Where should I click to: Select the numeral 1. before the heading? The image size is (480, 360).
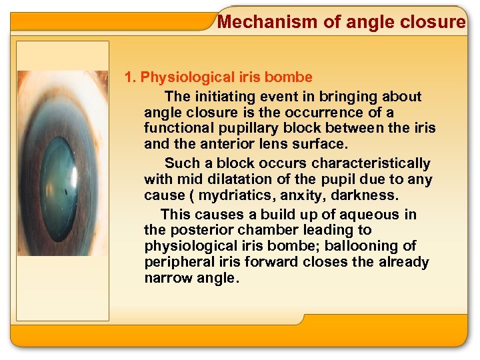pos(131,78)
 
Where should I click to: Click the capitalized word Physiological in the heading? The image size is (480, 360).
pos(181,78)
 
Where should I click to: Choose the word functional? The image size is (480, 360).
pos(177,128)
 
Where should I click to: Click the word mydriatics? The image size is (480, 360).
pos(231,195)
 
